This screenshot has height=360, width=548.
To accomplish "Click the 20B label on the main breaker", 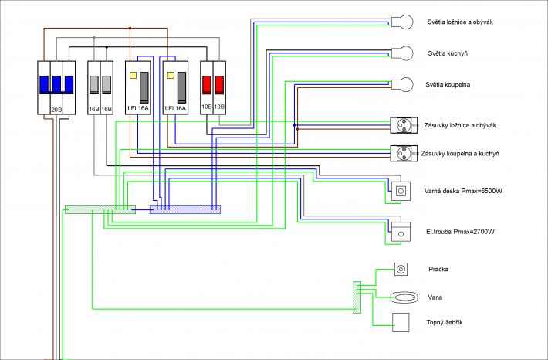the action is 56,110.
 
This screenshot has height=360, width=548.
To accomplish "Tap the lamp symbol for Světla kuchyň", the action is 402,53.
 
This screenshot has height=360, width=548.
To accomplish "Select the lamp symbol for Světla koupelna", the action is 402,84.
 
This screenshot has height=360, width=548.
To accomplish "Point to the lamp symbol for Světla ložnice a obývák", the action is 402,22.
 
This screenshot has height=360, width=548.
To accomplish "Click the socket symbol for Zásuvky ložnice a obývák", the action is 404,125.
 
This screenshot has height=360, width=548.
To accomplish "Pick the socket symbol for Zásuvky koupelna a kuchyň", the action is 404,153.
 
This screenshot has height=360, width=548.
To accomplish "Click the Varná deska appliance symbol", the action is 401,191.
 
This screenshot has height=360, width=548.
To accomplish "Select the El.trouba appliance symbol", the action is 401,232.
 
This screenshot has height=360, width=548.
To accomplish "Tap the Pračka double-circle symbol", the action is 401,269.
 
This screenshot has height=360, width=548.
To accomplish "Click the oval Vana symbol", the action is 404,297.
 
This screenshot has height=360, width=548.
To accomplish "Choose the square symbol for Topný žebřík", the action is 401,322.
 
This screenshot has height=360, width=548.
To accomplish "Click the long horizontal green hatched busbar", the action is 100,209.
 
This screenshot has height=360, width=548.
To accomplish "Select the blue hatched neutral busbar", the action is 185,209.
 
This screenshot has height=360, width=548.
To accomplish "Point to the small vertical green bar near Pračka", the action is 357,297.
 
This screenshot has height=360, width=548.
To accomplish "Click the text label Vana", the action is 435,297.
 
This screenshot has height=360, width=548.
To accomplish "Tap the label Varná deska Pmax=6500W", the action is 463,191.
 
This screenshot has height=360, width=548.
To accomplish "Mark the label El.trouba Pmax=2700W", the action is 460,232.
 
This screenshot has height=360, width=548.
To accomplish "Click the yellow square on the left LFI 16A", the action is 134,75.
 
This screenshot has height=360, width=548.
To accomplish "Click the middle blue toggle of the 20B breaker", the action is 56,84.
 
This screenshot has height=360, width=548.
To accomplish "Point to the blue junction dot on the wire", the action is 294,125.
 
